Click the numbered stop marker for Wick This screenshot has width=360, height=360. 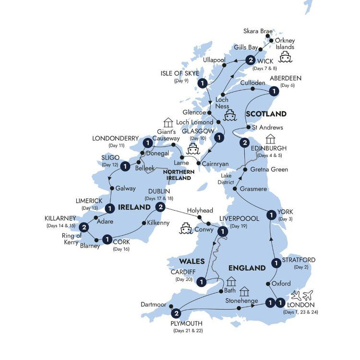(250, 60)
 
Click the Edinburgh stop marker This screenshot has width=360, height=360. (244, 143)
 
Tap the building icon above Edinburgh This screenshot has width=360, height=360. (271, 139)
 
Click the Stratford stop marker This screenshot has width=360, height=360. (276, 263)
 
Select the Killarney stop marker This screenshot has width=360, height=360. (84, 227)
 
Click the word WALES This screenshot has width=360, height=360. (192, 262)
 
